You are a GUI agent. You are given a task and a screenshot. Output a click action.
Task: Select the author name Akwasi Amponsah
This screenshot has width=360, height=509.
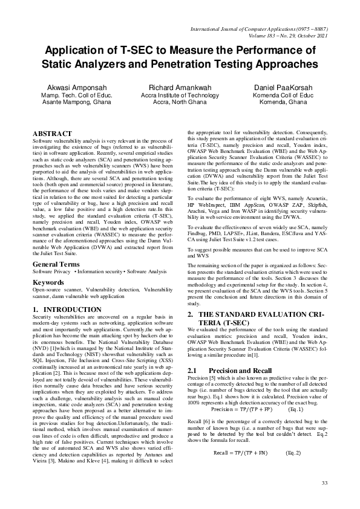click(x=67, y=88)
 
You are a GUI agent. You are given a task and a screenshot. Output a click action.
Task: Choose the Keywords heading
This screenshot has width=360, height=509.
click(x=49, y=282)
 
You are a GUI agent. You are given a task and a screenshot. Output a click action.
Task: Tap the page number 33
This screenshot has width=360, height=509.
click(x=324, y=482)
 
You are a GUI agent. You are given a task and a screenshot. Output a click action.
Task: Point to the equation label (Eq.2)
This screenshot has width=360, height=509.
click(x=293, y=453)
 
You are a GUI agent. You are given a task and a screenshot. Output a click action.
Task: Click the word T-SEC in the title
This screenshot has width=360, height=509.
click(x=148, y=50)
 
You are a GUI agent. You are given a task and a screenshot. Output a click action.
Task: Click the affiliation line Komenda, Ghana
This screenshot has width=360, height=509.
click(x=281, y=102)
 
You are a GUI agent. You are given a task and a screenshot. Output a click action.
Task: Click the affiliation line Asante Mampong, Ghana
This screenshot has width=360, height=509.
click(x=67, y=102)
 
